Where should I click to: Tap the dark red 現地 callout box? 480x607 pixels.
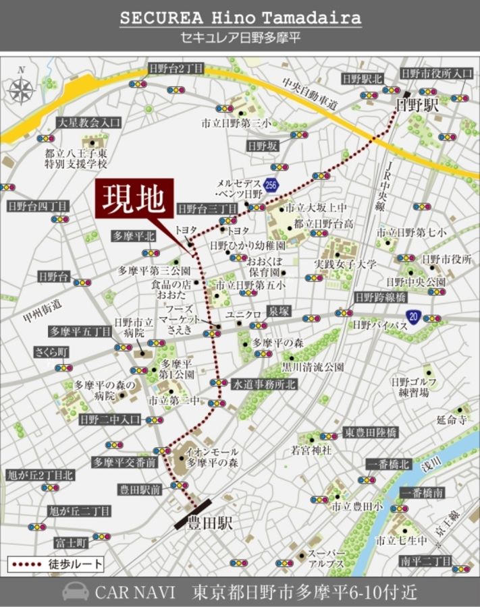(134, 200)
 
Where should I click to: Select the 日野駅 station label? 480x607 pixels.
(417, 106)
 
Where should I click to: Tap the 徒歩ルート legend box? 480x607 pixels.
(56, 563)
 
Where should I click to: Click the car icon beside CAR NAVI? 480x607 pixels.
(75, 591)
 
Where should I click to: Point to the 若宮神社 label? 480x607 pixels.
(311, 450)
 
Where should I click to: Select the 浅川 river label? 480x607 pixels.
(430, 465)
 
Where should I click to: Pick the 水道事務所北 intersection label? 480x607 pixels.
(264, 384)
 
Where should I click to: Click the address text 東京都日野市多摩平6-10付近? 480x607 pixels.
(305, 592)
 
